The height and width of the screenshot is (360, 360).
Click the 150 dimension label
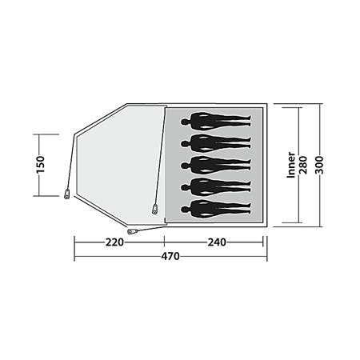[41, 165]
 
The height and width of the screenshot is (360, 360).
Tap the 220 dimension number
[114, 242]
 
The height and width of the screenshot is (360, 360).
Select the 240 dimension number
[217, 242]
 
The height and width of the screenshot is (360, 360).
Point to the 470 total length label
[170, 256]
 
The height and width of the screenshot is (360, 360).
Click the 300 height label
[319, 165]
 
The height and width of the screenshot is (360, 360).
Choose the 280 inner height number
[303, 165]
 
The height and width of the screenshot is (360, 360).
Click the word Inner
[290, 165]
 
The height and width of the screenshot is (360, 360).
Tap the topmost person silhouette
[216, 122]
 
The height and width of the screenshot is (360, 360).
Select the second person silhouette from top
[216, 143]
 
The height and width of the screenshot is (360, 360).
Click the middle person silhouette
[216, 166]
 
